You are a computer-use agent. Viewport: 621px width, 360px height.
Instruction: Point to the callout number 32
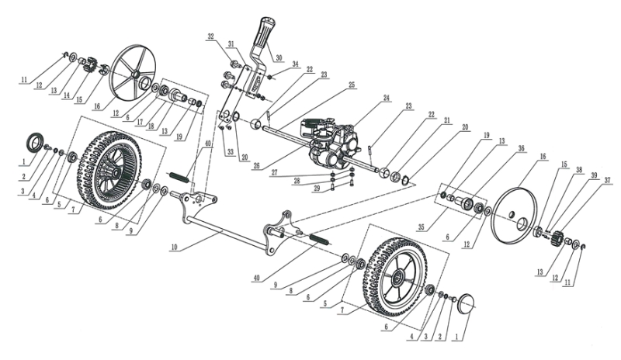[210, 36]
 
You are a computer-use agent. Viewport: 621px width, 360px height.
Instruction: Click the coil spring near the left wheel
[179, 176]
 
